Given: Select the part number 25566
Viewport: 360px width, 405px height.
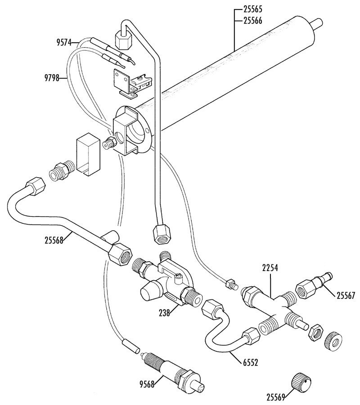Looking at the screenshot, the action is tap(252, 20).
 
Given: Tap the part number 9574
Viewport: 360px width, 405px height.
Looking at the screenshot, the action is tap(64, 42).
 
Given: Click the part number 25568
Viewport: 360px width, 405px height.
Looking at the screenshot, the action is tap(54, 240).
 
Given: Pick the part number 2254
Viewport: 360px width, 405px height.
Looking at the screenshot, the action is tap(270, 268).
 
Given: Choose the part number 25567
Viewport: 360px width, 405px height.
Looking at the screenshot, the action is tap(346, 295).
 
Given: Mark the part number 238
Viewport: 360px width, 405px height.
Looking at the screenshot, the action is tap(165, 313).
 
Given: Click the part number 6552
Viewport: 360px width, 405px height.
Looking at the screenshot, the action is tap(250, 363).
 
